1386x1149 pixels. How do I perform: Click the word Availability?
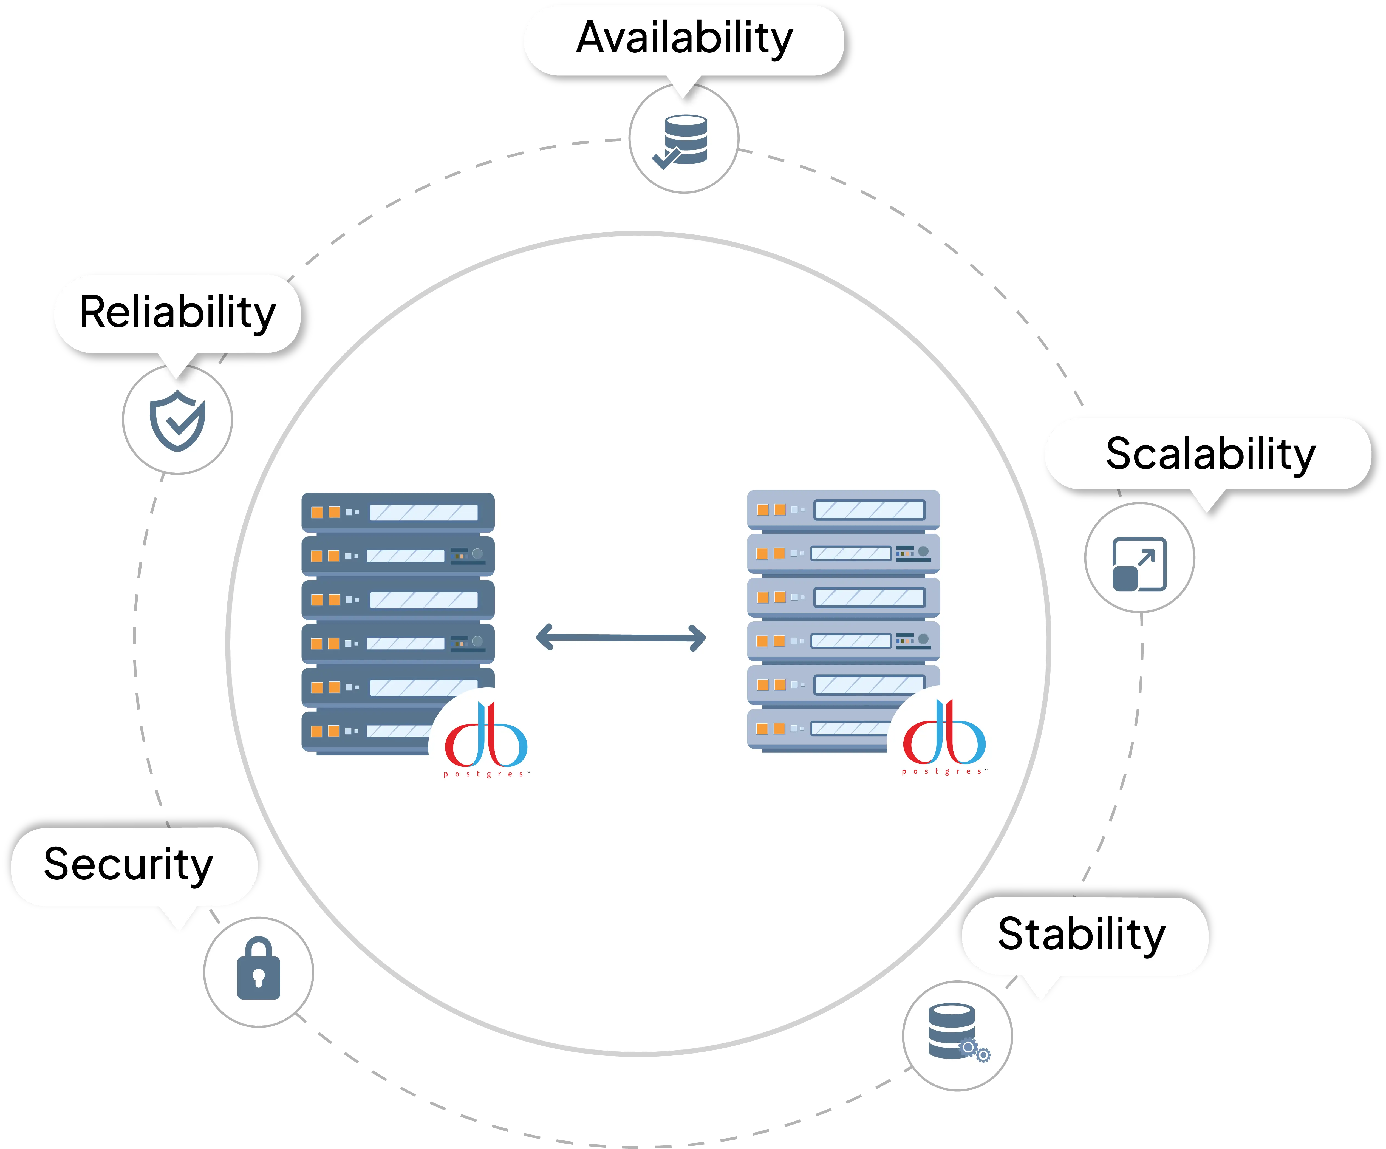[684, 38]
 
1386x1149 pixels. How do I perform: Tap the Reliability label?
[177, 313]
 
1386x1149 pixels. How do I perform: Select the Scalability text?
[1210, 455]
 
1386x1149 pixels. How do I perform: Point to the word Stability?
[1082, 935]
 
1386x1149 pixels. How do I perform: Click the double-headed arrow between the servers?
[621, 638]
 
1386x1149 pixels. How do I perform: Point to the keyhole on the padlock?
[259, 977]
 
